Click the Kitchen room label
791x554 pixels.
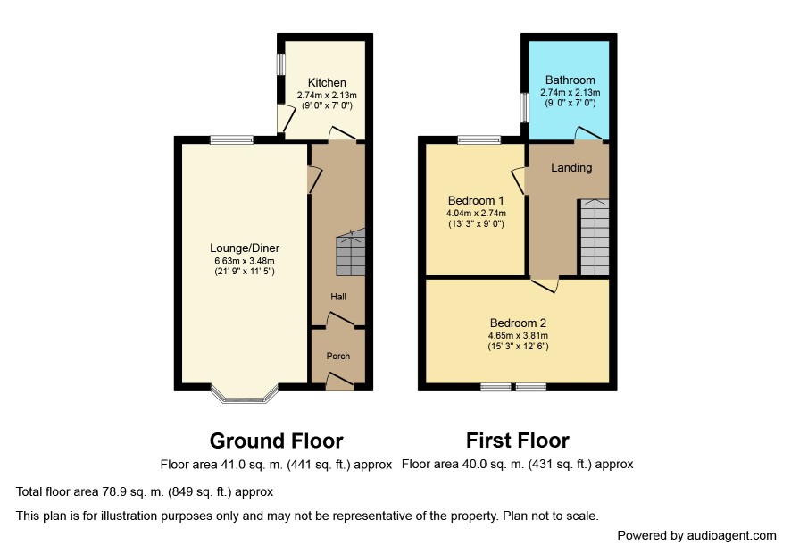327,83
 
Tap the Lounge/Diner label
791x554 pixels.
245,248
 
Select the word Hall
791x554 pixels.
338,297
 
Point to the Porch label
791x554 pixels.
338,356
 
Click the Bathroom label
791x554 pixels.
570,80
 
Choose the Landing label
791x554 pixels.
571,168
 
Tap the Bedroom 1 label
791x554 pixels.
476,200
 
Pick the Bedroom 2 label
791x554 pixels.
518,323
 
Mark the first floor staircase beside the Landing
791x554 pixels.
595,238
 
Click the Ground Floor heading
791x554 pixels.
277,441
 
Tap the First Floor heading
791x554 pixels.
518,441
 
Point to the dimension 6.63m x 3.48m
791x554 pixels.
245,261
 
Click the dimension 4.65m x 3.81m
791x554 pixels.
518,336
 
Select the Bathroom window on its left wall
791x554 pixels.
524,106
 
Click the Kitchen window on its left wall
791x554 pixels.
281,64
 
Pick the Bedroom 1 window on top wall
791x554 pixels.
479,140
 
